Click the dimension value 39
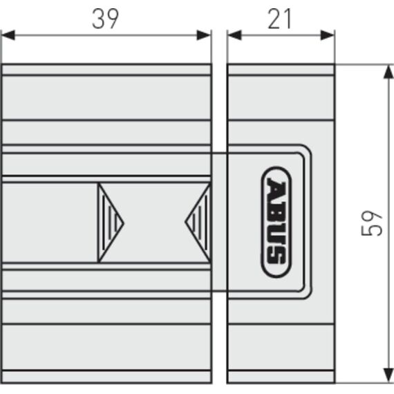[105, 19]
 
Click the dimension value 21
[279, 19]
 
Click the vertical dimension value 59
[371, 223]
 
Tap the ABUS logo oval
[276, 222]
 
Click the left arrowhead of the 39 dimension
[8, 35]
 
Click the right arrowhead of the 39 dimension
[203, 35]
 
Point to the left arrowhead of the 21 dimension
[234, 35]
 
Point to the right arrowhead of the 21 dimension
[327, 35]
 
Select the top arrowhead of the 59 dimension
[388, 72]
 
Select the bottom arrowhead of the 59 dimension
[388, 375]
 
